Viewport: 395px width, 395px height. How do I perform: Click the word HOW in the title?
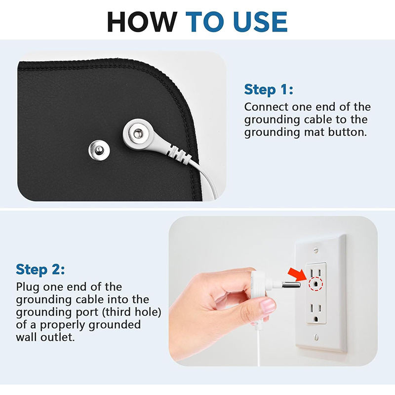(x=142, y=22)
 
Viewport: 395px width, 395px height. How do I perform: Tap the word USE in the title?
(x=260, y=22)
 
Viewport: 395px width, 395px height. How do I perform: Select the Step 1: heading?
(x=269, y=89)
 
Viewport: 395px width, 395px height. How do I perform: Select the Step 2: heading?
(x=40, y=269)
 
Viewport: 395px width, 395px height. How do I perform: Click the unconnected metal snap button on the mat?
(x=99, y=150)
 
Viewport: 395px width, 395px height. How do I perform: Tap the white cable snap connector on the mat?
(x=138, y=133)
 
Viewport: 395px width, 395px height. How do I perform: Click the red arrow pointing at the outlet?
(x=297, y=275)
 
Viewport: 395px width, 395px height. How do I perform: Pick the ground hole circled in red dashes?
(x=316, y=283)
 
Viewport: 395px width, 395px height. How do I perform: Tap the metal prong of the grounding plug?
(x=291, y=285)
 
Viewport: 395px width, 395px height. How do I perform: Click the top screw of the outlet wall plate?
(x=316, y=250)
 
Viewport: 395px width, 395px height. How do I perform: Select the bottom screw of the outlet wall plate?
(x=316, y=337)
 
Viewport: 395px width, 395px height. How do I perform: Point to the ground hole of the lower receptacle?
(x=316, y=319)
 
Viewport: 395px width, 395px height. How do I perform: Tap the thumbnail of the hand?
(x=268, y=305)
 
